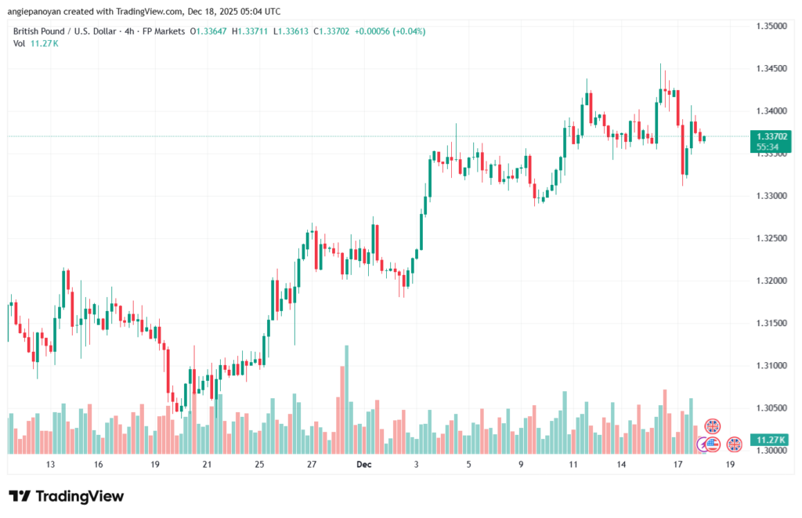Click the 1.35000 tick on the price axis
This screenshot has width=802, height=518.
[x=771, y=26]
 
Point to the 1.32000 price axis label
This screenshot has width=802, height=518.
[x=771, y=281]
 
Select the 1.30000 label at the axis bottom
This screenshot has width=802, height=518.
[x=771, y=451]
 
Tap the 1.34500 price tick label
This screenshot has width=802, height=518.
[x=771, y=69]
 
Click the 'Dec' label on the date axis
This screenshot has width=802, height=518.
[x=363, y=465]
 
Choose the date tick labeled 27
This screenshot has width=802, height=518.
[x=311, y=465]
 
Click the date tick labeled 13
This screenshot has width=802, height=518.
[x=49, y=465]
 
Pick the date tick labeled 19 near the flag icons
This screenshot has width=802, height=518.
[x=730, y=465]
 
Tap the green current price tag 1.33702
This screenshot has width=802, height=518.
[x=771, y=136]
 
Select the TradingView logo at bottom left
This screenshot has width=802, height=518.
[x=66, y=496]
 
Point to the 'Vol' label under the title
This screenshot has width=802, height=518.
[x=19, y=43]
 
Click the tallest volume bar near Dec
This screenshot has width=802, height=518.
[x=345, y=399]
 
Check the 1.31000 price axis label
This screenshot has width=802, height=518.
[x=771, y=365]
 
